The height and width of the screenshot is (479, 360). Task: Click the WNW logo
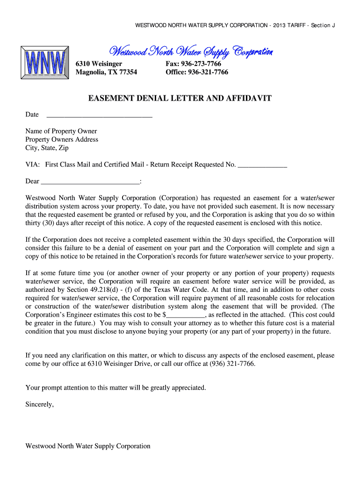tap(45, 63)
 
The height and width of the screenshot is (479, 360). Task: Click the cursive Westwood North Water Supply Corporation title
tap(191, 51)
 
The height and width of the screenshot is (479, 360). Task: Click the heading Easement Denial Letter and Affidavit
tap(180, 99)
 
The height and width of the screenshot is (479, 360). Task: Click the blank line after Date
tap(100, 115)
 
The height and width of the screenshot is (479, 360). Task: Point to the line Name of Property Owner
tap(61, 131)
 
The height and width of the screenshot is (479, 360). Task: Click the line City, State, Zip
tap(47, 148)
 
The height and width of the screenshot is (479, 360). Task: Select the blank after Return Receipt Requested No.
tap(262, 165)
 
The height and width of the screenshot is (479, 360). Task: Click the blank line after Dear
tap(90, 181)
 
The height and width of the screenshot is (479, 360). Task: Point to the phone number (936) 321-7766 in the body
tap(229, 363)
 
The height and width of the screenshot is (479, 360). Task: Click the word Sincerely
tap(40, 404)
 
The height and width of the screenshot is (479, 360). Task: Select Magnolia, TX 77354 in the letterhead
tap(107, 72)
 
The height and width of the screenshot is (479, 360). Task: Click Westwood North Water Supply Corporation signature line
tap(88, 446)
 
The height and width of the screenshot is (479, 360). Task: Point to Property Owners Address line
tap(62, 139)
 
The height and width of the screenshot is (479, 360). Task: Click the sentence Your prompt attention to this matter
tap(115, 387)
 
